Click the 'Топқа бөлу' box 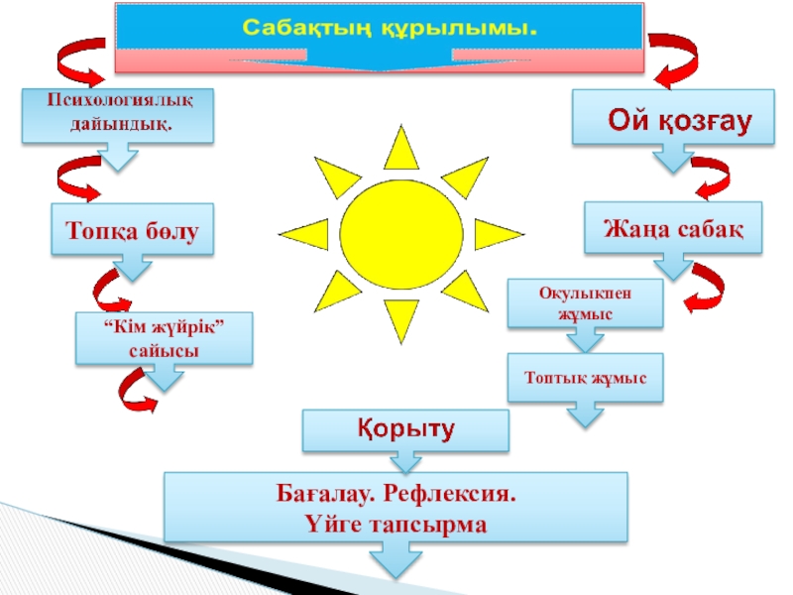coord(133,231)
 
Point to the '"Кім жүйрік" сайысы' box coord(164,339)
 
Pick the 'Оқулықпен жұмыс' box coord(585,303)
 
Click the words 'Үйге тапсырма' coord(396,524)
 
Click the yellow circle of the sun coord(401,230)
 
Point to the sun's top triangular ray coord(401,149)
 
